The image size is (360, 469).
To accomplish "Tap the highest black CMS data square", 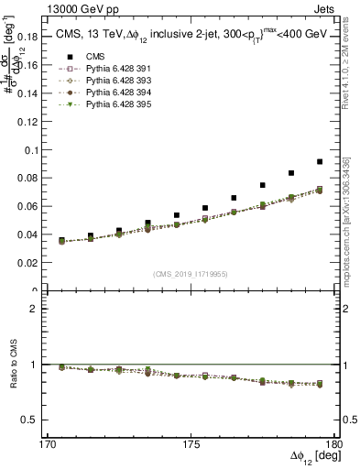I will pos(320,161).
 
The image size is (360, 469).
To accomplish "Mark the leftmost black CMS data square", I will pos(61,240).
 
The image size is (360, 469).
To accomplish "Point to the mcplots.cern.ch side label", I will pos(352,247).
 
